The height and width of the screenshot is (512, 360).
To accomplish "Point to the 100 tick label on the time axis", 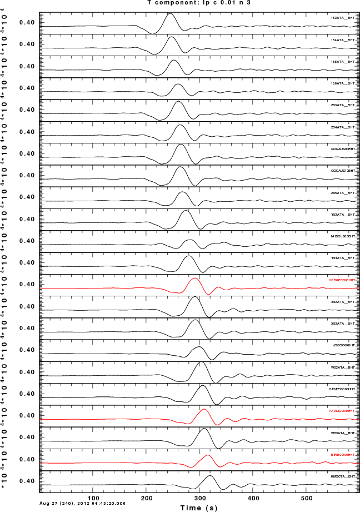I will pos(94,498).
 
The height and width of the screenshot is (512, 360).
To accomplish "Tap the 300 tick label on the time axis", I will pos(200,498).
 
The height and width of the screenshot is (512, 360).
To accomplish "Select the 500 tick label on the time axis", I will pos(306,498).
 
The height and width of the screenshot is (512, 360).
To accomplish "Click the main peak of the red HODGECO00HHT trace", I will pos(195,278).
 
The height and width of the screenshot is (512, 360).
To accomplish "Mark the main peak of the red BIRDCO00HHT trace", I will pos(208,455).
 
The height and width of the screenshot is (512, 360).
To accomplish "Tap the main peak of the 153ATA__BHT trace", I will pos(170,14).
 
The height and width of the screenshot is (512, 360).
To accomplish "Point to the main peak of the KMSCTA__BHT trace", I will pos(210,476).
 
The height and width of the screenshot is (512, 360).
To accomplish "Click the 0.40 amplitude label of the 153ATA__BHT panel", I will pos(27,23).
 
